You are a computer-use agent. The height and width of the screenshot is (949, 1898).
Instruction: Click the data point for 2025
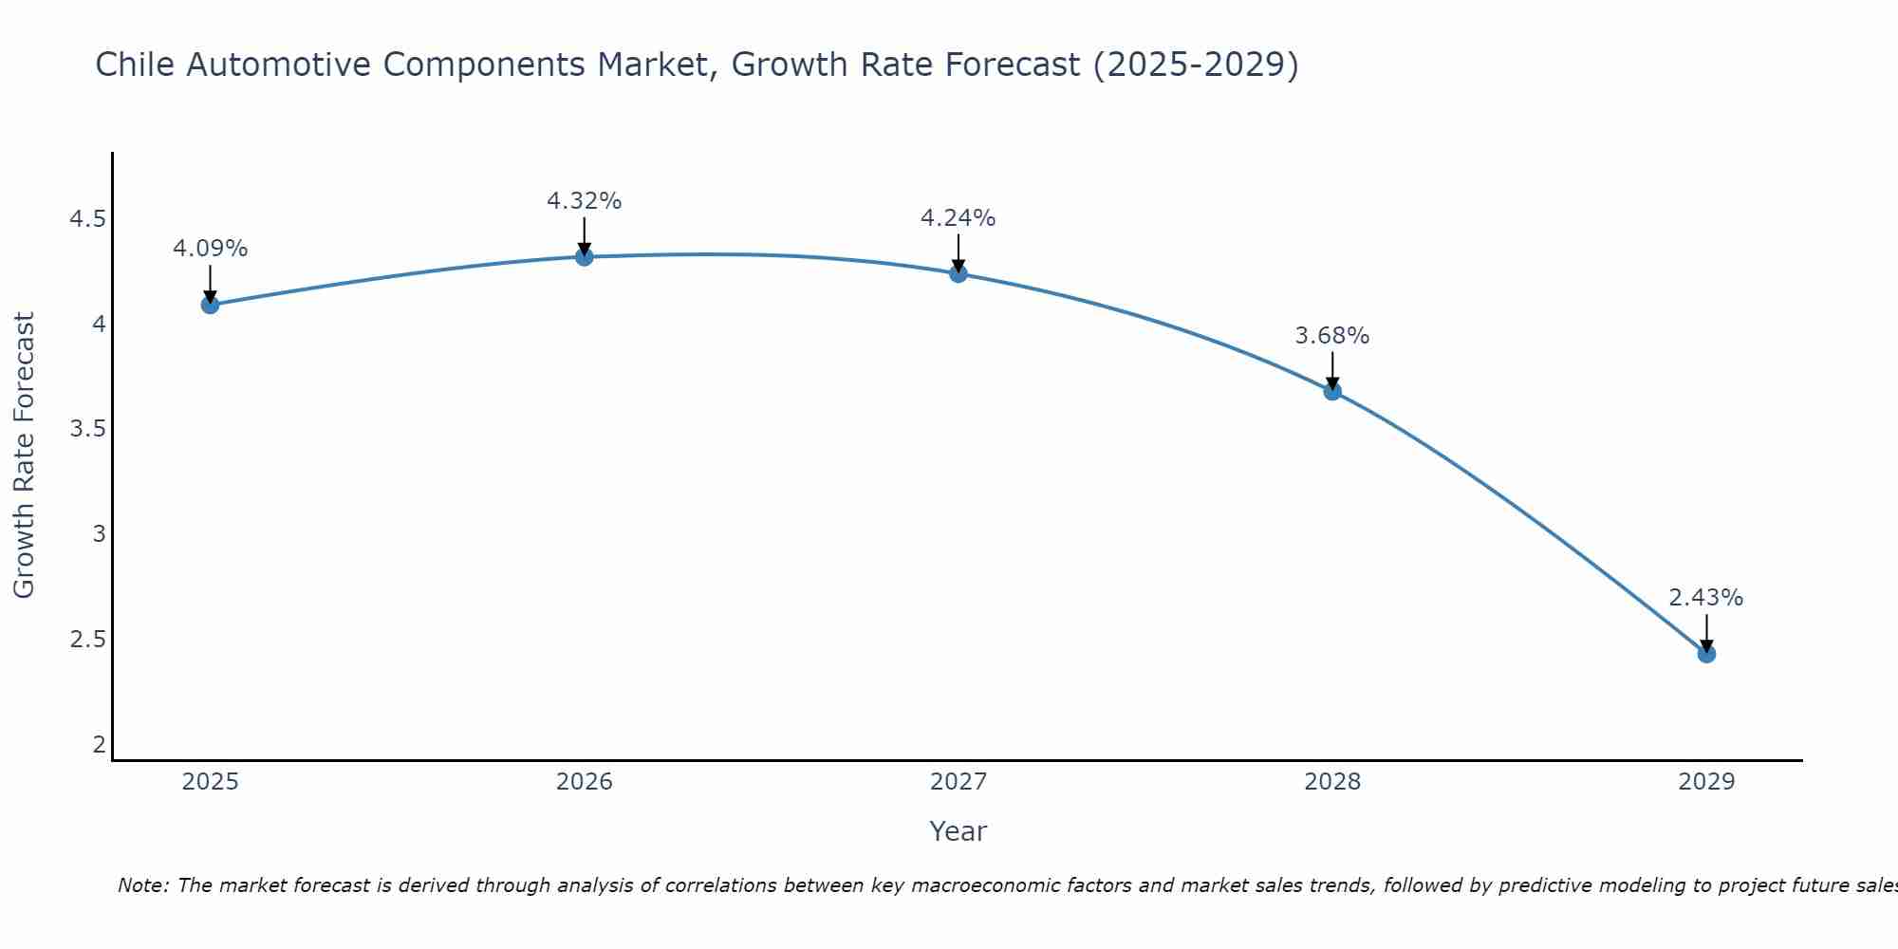(210, 305)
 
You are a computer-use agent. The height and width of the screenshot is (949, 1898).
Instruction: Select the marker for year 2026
(584, 256)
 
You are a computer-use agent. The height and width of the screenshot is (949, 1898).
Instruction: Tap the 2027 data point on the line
(958, 273)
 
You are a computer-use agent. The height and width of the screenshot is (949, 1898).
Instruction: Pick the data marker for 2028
(1332, 391)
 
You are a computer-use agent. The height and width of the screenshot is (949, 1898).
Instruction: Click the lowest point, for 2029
(1706, 654)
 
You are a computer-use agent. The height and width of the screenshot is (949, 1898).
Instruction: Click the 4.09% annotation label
(210, 249)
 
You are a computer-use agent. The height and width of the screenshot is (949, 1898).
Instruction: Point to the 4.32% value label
(584, 201)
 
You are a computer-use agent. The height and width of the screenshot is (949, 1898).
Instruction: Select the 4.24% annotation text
(958, 218)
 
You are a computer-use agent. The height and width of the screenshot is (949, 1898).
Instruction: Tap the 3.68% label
(1332, 336)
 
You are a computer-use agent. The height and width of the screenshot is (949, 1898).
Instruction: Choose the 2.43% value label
(1706, 598)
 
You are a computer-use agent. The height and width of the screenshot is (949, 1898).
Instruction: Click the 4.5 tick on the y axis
(87, 220)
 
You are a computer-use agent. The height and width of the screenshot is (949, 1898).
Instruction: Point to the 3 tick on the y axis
(99, 534)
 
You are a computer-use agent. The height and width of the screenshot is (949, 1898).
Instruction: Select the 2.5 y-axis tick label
(87, 639)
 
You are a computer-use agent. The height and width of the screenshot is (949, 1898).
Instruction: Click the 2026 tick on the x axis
(584, 782)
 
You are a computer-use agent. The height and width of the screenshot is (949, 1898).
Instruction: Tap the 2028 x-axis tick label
(1332, 782)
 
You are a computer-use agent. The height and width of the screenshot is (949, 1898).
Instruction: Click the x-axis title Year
(958, 831)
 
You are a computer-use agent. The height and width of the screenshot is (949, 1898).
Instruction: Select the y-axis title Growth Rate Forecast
(24, 456)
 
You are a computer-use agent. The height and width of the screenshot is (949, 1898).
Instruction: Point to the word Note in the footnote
(142, 885)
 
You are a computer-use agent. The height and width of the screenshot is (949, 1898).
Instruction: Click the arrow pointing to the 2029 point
(1706, 632)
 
